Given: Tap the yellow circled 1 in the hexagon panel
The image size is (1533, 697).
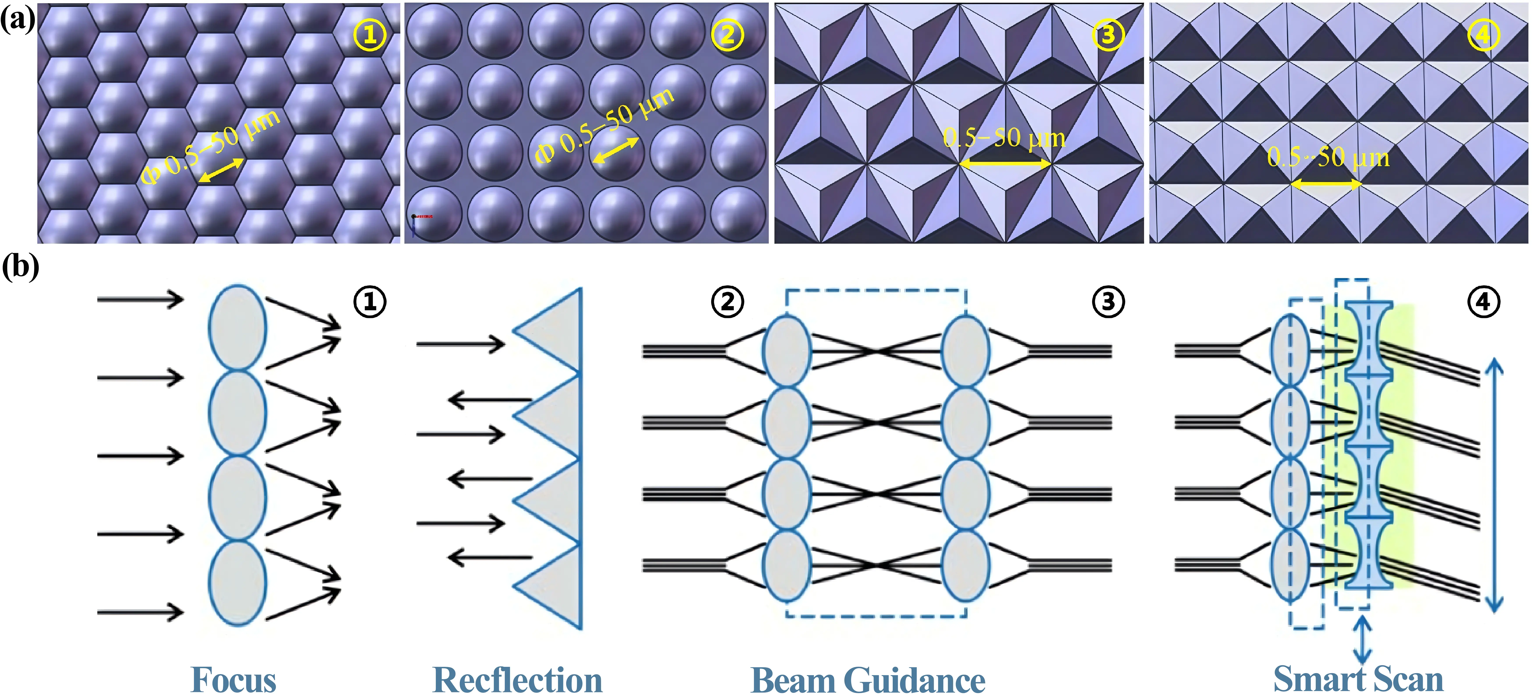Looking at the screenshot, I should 370,35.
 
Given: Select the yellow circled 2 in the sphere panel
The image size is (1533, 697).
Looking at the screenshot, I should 727,35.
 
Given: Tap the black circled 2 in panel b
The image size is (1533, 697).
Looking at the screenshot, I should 727,302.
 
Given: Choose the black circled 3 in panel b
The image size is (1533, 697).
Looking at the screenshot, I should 1107,302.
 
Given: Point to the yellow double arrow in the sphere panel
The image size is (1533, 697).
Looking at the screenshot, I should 616,150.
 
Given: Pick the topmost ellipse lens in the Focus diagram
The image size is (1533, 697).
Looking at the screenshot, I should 237,327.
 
